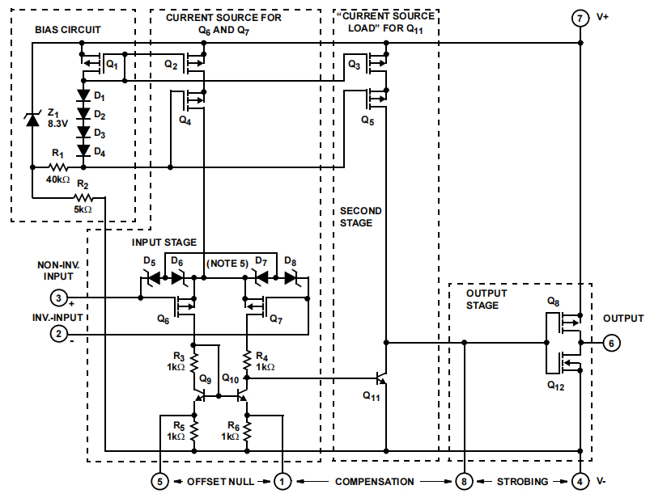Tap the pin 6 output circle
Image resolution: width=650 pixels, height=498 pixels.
click(x=613, y=343)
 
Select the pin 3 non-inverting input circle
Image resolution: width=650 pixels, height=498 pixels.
click(x=58, y=297)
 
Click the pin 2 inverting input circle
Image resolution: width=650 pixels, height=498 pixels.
click(x=58, y=332)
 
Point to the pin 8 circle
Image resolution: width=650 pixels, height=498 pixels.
click(x=464, y=481)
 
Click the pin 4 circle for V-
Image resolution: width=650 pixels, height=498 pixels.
click(x=580, y=481)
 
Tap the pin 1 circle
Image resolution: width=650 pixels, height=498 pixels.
click(x=283, y=481)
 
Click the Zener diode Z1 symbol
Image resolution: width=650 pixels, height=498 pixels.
click(x=32, y=120)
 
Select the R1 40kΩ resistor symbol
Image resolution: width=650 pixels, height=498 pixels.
click(x=52, y=167)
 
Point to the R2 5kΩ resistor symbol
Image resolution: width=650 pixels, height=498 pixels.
click(x=83, y=197)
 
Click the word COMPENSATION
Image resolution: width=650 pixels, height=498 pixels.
click(x=373, y=481)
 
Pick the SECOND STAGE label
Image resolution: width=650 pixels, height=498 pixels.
click(x=360, y=217)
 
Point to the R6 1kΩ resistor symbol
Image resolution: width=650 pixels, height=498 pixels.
click(x=247, y=432)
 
